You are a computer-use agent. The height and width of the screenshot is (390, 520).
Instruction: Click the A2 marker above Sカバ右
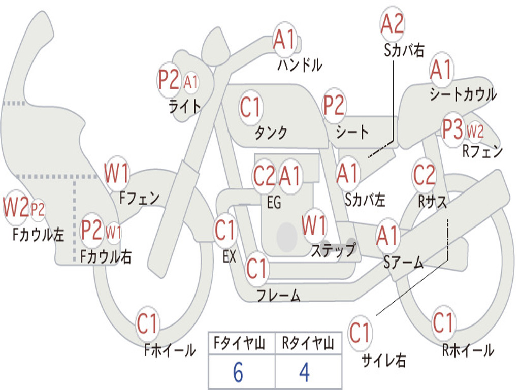[392, 24]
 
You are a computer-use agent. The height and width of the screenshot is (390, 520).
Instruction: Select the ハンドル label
[300, 65]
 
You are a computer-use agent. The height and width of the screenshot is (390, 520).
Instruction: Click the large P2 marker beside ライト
[169, 80]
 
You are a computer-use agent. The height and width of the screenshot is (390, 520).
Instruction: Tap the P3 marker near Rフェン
[452, 129]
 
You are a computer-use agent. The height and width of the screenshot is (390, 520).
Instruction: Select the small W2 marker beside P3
[475, 132]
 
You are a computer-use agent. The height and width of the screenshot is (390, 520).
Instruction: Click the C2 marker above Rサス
[424, 175]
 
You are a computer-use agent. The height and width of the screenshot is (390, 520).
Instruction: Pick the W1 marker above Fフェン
[116, 173]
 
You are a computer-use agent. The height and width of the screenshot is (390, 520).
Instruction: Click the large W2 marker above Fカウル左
[16, 207]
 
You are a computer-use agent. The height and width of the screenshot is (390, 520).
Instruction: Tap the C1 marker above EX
[225, 230]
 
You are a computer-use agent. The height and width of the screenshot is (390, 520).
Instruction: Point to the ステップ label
[333, 250]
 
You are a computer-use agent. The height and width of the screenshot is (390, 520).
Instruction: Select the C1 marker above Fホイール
[147, 323]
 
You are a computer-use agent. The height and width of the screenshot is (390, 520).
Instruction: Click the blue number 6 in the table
[238, 372]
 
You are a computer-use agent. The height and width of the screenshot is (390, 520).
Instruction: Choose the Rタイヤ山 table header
[308, 343]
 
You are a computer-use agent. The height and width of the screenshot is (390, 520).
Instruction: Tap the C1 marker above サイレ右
[360, 332]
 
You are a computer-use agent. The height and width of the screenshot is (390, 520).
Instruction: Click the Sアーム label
[404, 263]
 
